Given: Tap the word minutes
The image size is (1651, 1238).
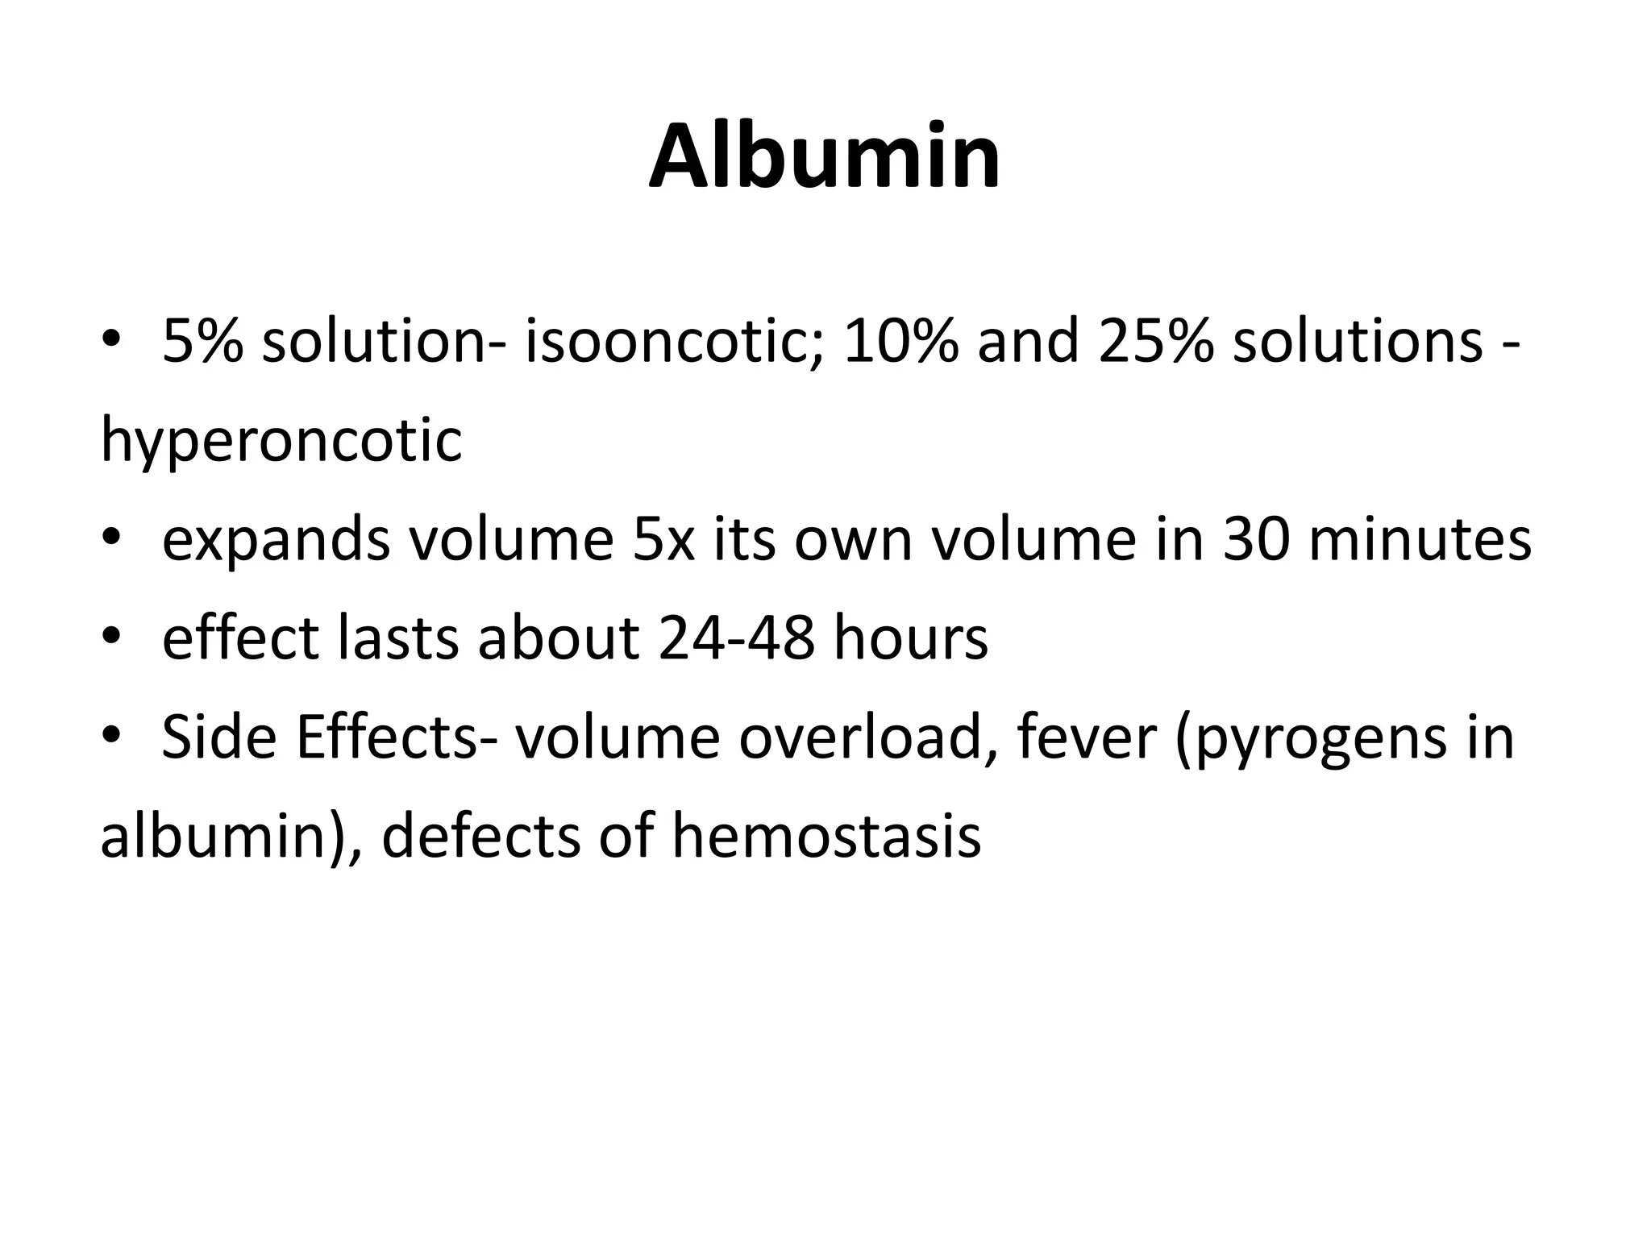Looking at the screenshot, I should (x=1420, y=539).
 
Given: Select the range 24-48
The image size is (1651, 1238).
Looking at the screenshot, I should (x=735, y=638).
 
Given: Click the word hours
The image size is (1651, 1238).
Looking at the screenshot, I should (x=910, y=638).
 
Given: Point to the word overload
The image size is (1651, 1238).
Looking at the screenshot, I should (x=868, y=737).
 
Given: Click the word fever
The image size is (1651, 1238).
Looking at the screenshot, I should (x=1087, y=737).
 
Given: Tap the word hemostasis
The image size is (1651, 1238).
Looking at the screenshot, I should (x=826, y=837).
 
